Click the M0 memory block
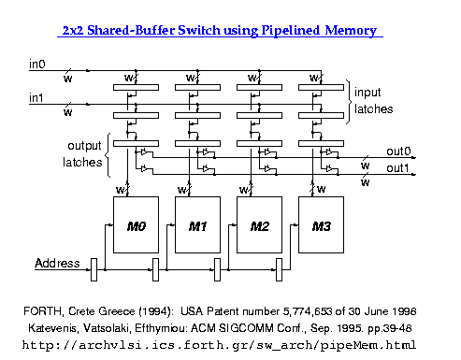pyautogui.click(x=137, y=225)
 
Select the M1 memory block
pyautogui.click(x=197, y=225)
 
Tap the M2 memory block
pyautogui.click(x=257, y=225)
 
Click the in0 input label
pyautogui.click(x=36, y=65)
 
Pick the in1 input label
pyautogui.click(x=36, y=97)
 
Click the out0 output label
pyautogui.click(x=399, y=151)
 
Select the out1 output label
pyautogui.click(x=399, y=168)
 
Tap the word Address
pyautogui.click(x=57, y=263)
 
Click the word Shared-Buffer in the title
pyautogui.click(x=138, y=31)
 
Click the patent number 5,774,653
pyautogui.click(x=314, y=310)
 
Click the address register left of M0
pyautogui.click(x=94, y=272)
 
